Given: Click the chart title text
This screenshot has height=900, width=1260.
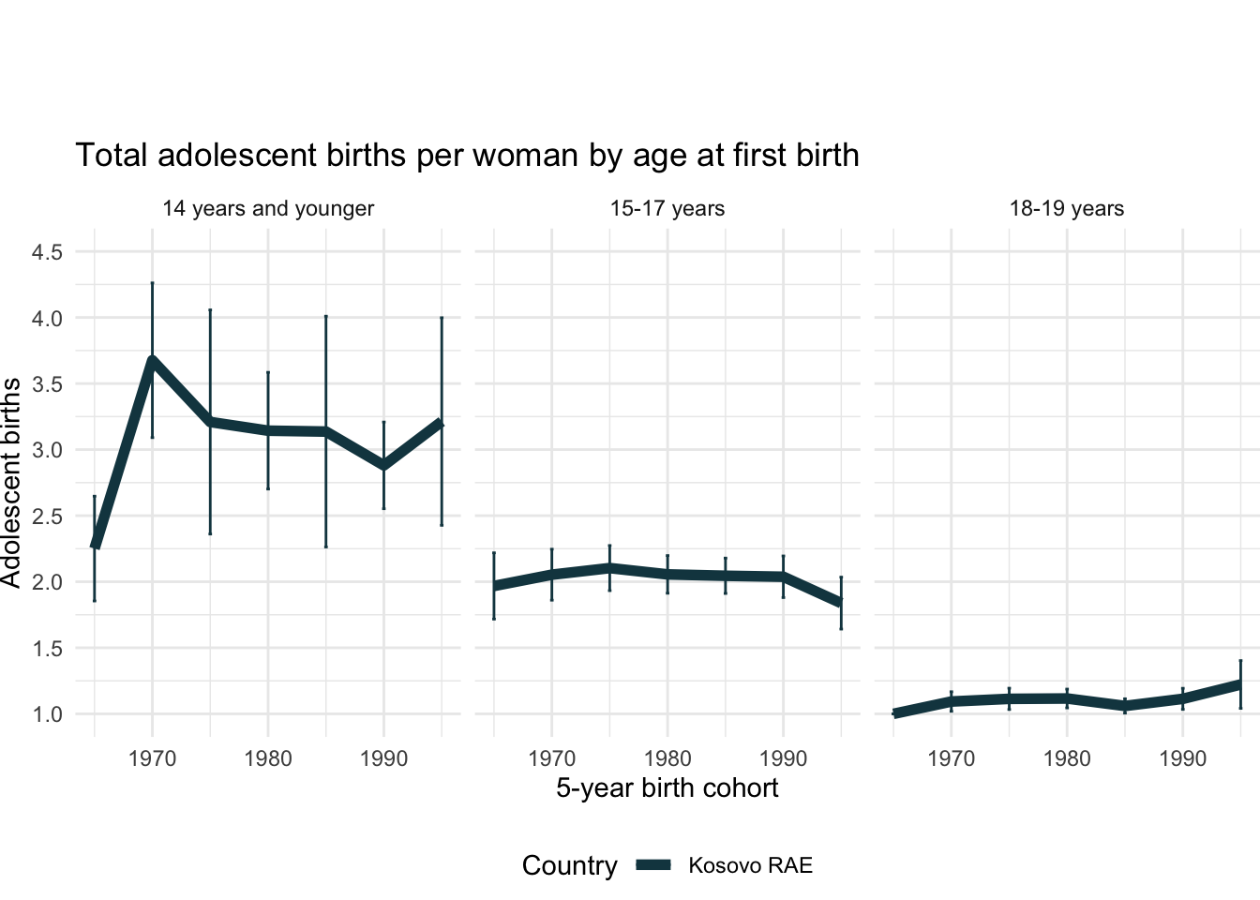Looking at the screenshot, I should click(x=467, y=155).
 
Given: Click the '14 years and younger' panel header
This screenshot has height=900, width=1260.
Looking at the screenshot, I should click(x=268, y=208).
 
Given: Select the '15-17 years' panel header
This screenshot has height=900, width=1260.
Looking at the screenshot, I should click(x=667, y=208).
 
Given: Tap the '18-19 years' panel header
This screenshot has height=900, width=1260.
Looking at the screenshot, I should click(x=1067, y=208).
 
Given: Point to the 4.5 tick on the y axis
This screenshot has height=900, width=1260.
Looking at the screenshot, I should click(x=48, y=252).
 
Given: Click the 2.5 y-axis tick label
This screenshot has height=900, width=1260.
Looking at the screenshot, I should click(x=48, y=517).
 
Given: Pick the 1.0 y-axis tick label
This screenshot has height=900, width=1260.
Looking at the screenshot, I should click(x=48, y=714).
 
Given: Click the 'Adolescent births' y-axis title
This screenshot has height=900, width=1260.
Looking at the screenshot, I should click(x=11, y=483).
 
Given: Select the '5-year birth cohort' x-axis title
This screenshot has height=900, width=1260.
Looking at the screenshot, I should click(x=667, y=787).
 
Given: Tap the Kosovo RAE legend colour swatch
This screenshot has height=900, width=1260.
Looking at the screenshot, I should click(x=653, y=865).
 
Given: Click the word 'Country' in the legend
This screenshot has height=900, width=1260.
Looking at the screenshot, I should click(x=569, y=865).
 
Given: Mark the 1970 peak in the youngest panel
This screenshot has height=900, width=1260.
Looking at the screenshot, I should click(x=152, y=361).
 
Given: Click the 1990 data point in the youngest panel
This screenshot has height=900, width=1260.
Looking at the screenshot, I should click(x=383, y=465).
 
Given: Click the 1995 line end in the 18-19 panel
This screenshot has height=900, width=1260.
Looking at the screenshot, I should click(x=1240, y=684).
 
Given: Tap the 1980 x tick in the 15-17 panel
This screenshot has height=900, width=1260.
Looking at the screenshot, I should click(x=667, y=758).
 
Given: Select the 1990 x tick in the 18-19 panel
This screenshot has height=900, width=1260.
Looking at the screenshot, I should click(x=1182, y=758).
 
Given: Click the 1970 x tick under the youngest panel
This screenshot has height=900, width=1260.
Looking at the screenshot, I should click(x=152, y=758).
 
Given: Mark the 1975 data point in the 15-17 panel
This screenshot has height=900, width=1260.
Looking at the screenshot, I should click(x=609, y=568).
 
